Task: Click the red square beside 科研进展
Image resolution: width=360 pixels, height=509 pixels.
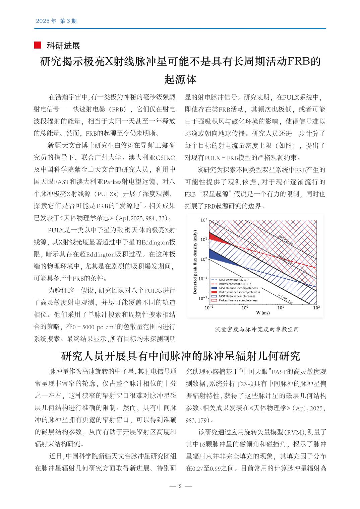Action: coord(38,45)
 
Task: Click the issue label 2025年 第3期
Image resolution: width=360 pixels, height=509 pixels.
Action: coord(56,21)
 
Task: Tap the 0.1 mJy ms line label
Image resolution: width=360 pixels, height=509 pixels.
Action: coord(285,298)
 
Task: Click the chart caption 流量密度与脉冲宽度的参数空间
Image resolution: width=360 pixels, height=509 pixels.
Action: coord(257,329)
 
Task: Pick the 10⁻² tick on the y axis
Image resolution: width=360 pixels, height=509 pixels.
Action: coord(203,298)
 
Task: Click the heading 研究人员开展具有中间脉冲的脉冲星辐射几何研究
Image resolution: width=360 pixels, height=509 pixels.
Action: coord(181,356)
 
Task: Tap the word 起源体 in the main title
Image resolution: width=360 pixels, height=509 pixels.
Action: coord(180,79)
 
